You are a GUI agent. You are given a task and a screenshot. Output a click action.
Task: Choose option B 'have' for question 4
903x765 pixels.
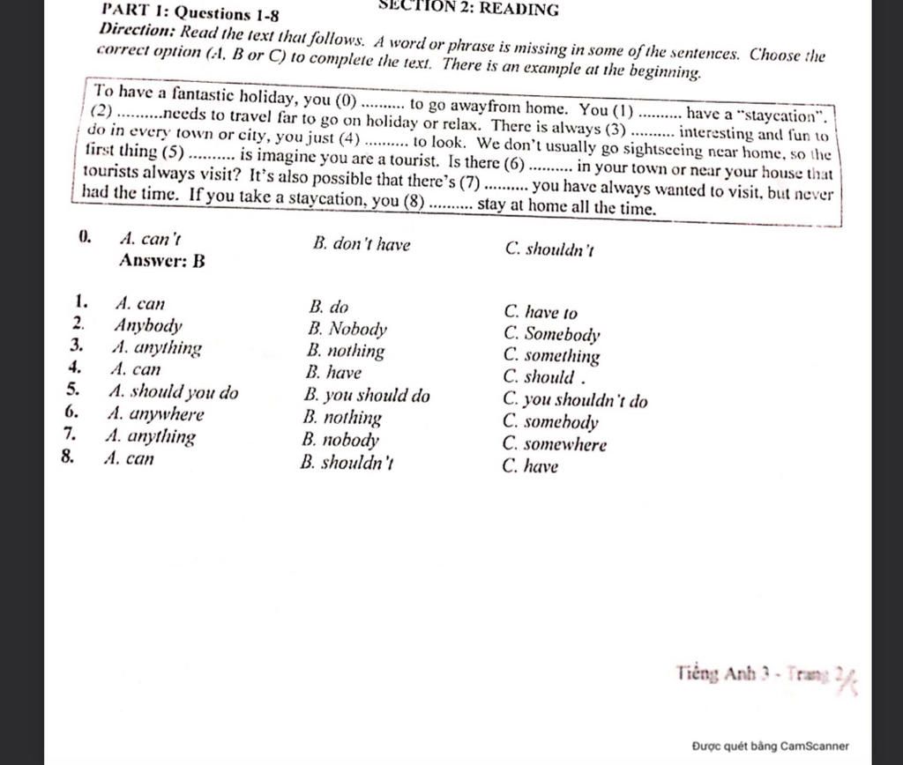pos(335,373)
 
